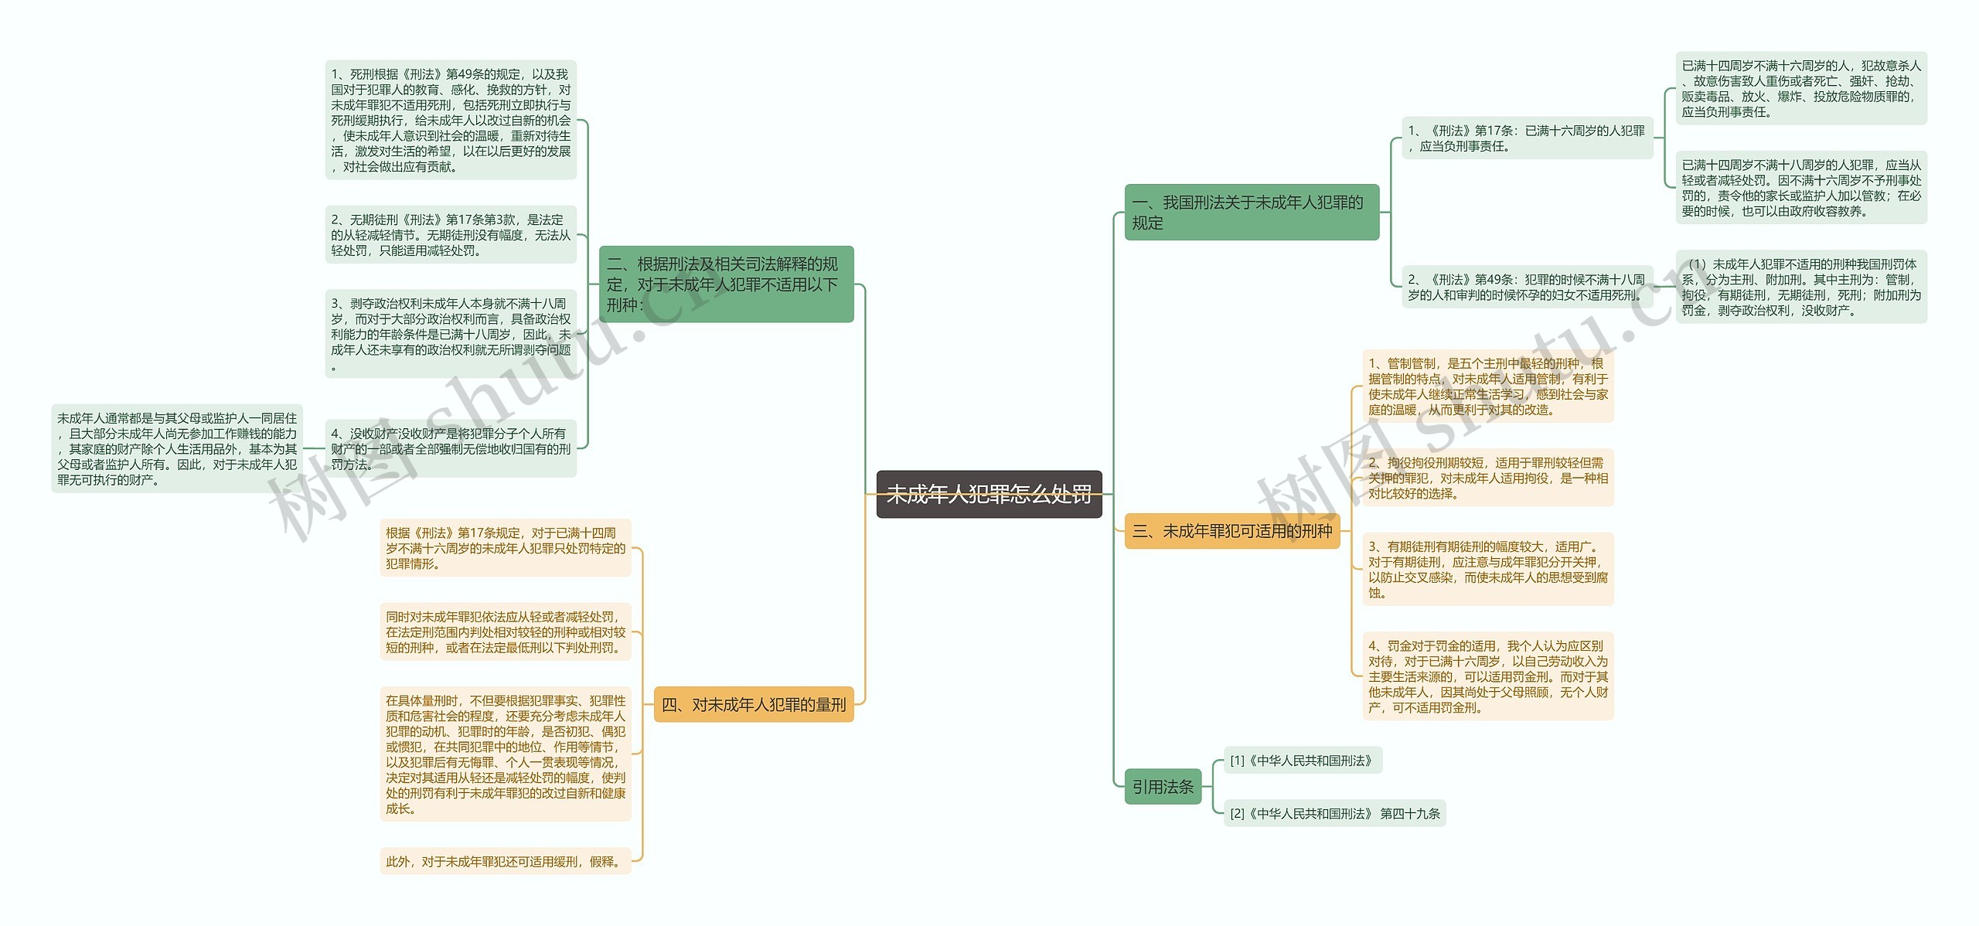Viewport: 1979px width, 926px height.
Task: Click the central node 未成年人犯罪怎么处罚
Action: coord(989,494)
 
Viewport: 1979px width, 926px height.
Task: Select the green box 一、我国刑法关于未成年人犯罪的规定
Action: coord(1251,213)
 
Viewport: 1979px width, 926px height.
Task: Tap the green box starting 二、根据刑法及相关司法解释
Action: coord(726,284)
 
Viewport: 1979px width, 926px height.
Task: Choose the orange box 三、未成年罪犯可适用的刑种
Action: coord(1231,531)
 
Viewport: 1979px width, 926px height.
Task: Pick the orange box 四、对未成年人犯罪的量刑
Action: coord(753,704)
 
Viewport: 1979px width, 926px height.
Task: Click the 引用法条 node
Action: coord(1162,787)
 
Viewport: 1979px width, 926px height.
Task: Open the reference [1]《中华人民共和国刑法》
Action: coord(1302,761)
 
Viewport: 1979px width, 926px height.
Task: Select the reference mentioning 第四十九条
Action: coord(1334,813)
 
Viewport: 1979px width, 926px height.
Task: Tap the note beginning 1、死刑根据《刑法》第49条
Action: coord(451,120)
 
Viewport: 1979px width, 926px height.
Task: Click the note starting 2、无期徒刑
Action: coord(451,235)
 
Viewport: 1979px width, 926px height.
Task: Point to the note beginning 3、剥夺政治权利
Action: coord(451,334)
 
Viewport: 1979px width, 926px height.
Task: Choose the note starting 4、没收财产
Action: coord(451,448)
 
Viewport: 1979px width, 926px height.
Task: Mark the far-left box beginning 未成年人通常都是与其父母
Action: coord(177,448)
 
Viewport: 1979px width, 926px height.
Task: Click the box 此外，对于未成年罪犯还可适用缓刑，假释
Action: coord(505,861)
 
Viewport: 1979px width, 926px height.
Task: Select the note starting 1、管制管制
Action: coord(1487,386)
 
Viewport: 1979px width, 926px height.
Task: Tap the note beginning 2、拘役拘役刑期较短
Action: coord(1487,478)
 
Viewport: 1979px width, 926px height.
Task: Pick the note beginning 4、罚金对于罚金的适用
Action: coord(1487,676)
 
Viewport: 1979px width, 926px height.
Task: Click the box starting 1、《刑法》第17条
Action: coord(1527,138)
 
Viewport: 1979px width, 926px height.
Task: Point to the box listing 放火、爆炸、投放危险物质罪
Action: coord(1800,89)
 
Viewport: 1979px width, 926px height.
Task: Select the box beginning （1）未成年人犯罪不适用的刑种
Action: coord(1800,287)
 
